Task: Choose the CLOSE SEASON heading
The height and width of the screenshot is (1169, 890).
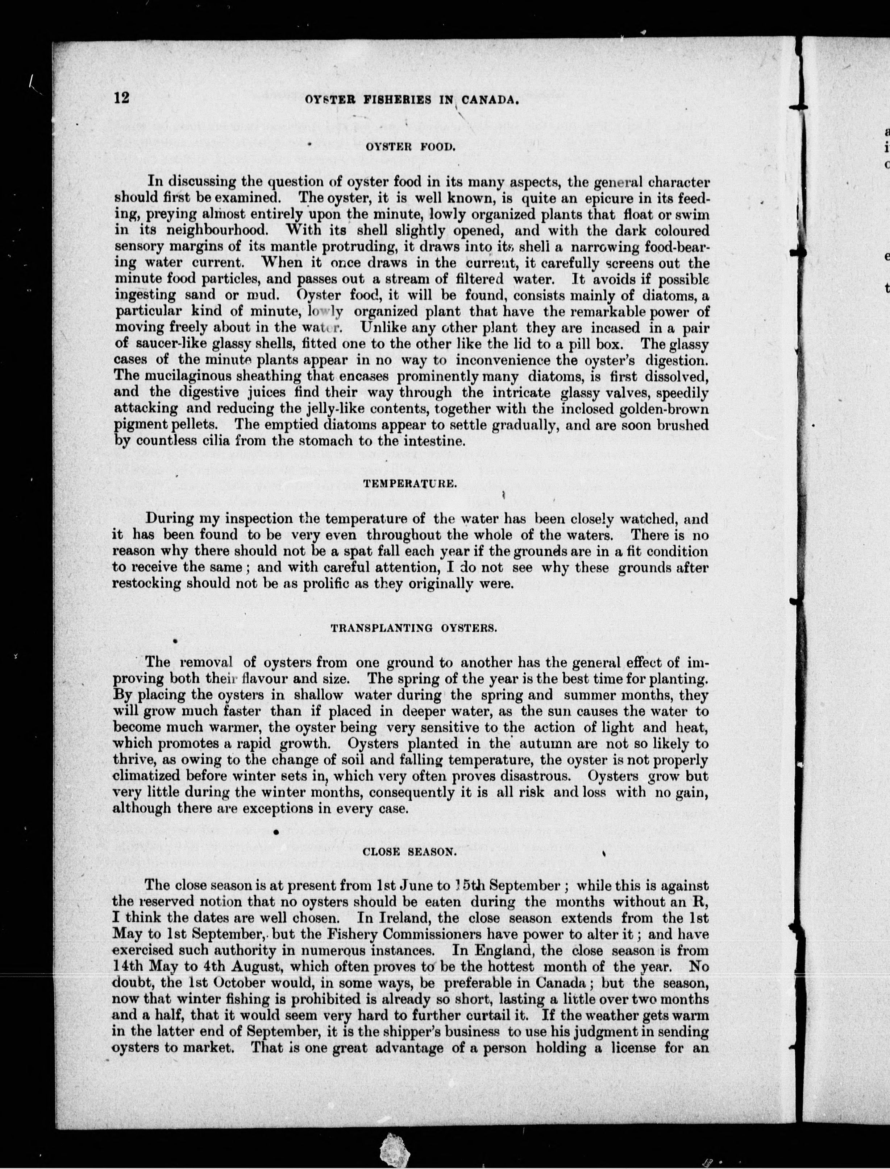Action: click(409, 852)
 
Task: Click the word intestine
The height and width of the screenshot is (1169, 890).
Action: click(432, 441)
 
